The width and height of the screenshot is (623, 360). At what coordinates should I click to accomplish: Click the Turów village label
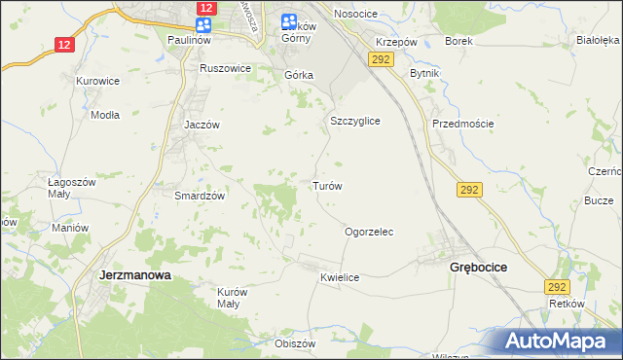tap(326, 185)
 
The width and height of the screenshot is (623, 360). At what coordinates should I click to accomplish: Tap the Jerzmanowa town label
tap(135, 275)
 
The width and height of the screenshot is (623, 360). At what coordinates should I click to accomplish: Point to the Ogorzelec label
tap(369, 233)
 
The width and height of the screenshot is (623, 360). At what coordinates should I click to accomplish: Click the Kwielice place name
tap(340, 277)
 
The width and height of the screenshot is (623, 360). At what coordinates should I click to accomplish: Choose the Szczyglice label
tap(354, 122)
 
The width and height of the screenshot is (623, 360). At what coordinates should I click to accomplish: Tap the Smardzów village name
tap(200, 195)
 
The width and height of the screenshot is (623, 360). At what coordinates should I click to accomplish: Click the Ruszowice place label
tap(225, 69)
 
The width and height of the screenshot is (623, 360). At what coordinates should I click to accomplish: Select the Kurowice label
tap(99, 82)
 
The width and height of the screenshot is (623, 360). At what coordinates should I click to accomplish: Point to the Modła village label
tap(104, 115)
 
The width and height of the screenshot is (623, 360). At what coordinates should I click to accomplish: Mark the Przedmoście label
tap(463, 124)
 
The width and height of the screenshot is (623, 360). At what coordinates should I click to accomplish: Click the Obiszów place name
tap(296, 343)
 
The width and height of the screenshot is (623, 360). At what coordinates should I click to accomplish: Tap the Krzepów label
tap(397, 43)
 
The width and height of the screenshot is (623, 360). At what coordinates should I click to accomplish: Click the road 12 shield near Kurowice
tap(64, 44)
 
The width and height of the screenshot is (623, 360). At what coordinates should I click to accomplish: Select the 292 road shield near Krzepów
tap(380, 60)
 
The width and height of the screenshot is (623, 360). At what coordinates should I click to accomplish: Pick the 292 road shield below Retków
tap(557, 287)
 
